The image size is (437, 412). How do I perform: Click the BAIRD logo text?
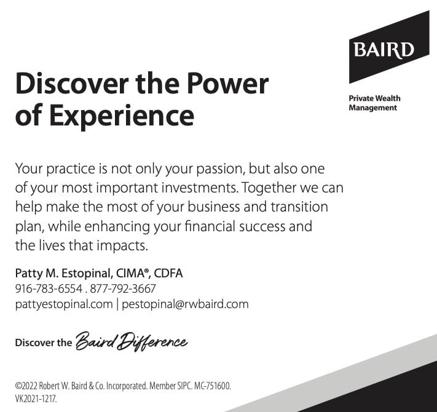(384, 50)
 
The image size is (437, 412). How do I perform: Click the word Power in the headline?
(227, 84)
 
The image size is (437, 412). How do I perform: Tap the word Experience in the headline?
(122, 116)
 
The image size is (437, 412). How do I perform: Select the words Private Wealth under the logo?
(374, 98)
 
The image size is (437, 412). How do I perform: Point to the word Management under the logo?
(372, 108)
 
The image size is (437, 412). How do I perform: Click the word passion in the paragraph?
(221, 170)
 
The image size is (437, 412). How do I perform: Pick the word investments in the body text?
(200, 188)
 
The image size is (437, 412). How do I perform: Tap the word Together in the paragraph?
(269, 188)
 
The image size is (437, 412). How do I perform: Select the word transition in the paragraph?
(299, 207)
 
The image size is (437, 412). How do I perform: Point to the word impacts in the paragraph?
(122, 246)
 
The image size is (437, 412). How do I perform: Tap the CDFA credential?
(168, 273)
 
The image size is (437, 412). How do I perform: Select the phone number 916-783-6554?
(49, 288)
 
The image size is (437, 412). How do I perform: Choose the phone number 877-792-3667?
(123, 288)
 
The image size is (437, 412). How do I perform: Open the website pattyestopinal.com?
(64, 304)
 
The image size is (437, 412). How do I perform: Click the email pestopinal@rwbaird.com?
(185, 304)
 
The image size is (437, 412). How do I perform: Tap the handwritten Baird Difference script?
(132, 341)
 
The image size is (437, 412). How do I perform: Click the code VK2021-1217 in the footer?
(36, 399)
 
